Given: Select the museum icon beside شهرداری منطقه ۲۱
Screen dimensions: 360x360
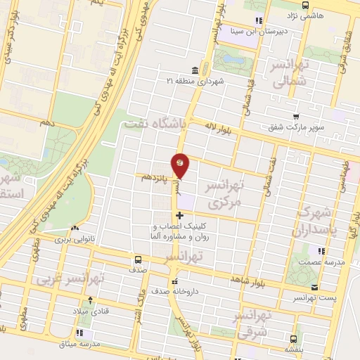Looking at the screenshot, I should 193,71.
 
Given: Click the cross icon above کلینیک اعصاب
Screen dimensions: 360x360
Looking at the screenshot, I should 179,215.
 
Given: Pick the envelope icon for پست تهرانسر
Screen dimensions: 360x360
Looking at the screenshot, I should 314,287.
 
